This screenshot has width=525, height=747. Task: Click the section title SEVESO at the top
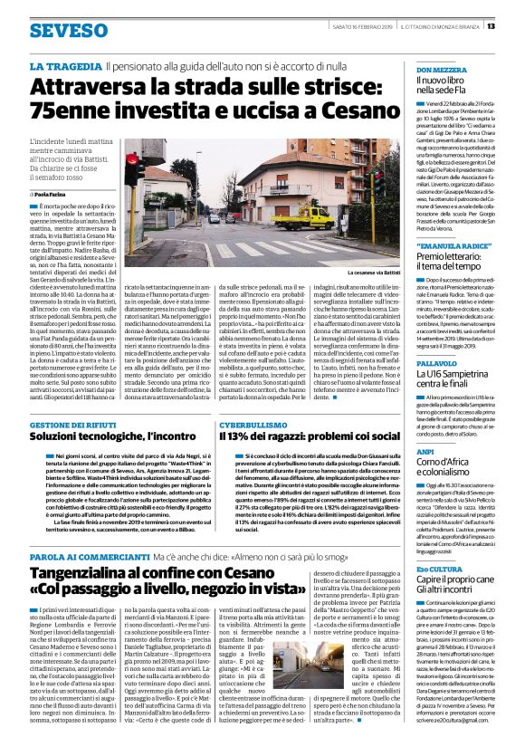68,31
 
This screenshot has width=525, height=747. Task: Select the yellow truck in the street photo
310,217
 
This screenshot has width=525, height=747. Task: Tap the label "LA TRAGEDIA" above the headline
64,67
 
